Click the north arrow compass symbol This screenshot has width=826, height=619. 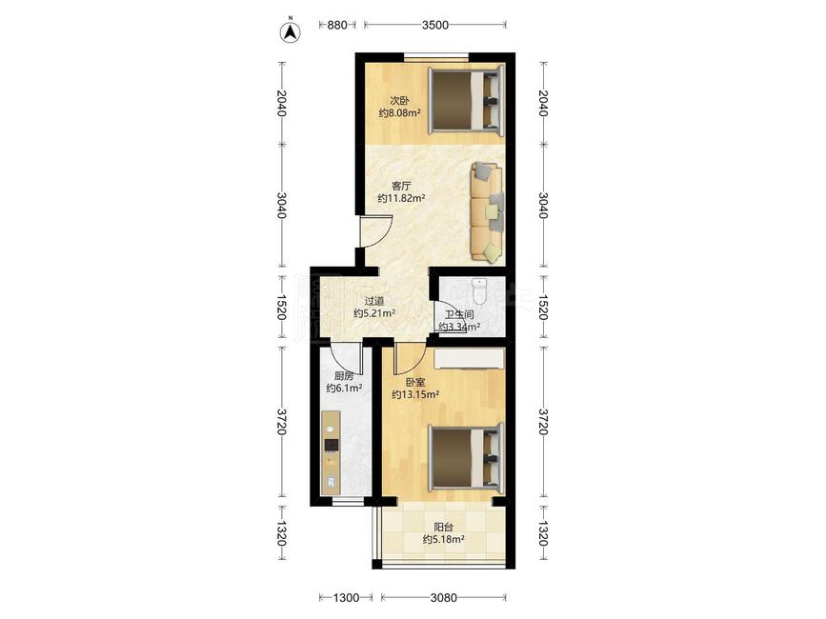[x=290, y=32]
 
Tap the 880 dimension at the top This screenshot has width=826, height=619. [x=337, y=25]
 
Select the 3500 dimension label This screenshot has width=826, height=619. [x=435, y=25]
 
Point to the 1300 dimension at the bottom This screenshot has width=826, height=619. [x=346, y=597]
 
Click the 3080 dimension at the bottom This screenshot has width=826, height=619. [x=444, y=597]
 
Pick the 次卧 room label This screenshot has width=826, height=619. [x=399, y=100]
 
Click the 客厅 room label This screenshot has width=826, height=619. [x=401, y=186]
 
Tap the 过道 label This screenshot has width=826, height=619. [x=374, y=301]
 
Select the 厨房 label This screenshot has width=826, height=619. [x=344, y=376]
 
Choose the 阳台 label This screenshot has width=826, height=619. [x=444, y=527]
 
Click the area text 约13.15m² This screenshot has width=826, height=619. [x=415, y=394]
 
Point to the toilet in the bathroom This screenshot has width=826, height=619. [x=479, y=291]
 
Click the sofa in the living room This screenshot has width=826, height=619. [x=486, y=211]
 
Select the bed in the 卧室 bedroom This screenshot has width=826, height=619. [x=466, y=457]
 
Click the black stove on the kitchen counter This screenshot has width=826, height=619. [x=332, y=446]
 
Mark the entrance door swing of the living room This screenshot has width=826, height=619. [x=376, y=231]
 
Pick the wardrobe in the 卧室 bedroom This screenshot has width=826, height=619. [x=470, y=359]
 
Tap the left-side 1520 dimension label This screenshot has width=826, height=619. [x=281, y=307]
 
